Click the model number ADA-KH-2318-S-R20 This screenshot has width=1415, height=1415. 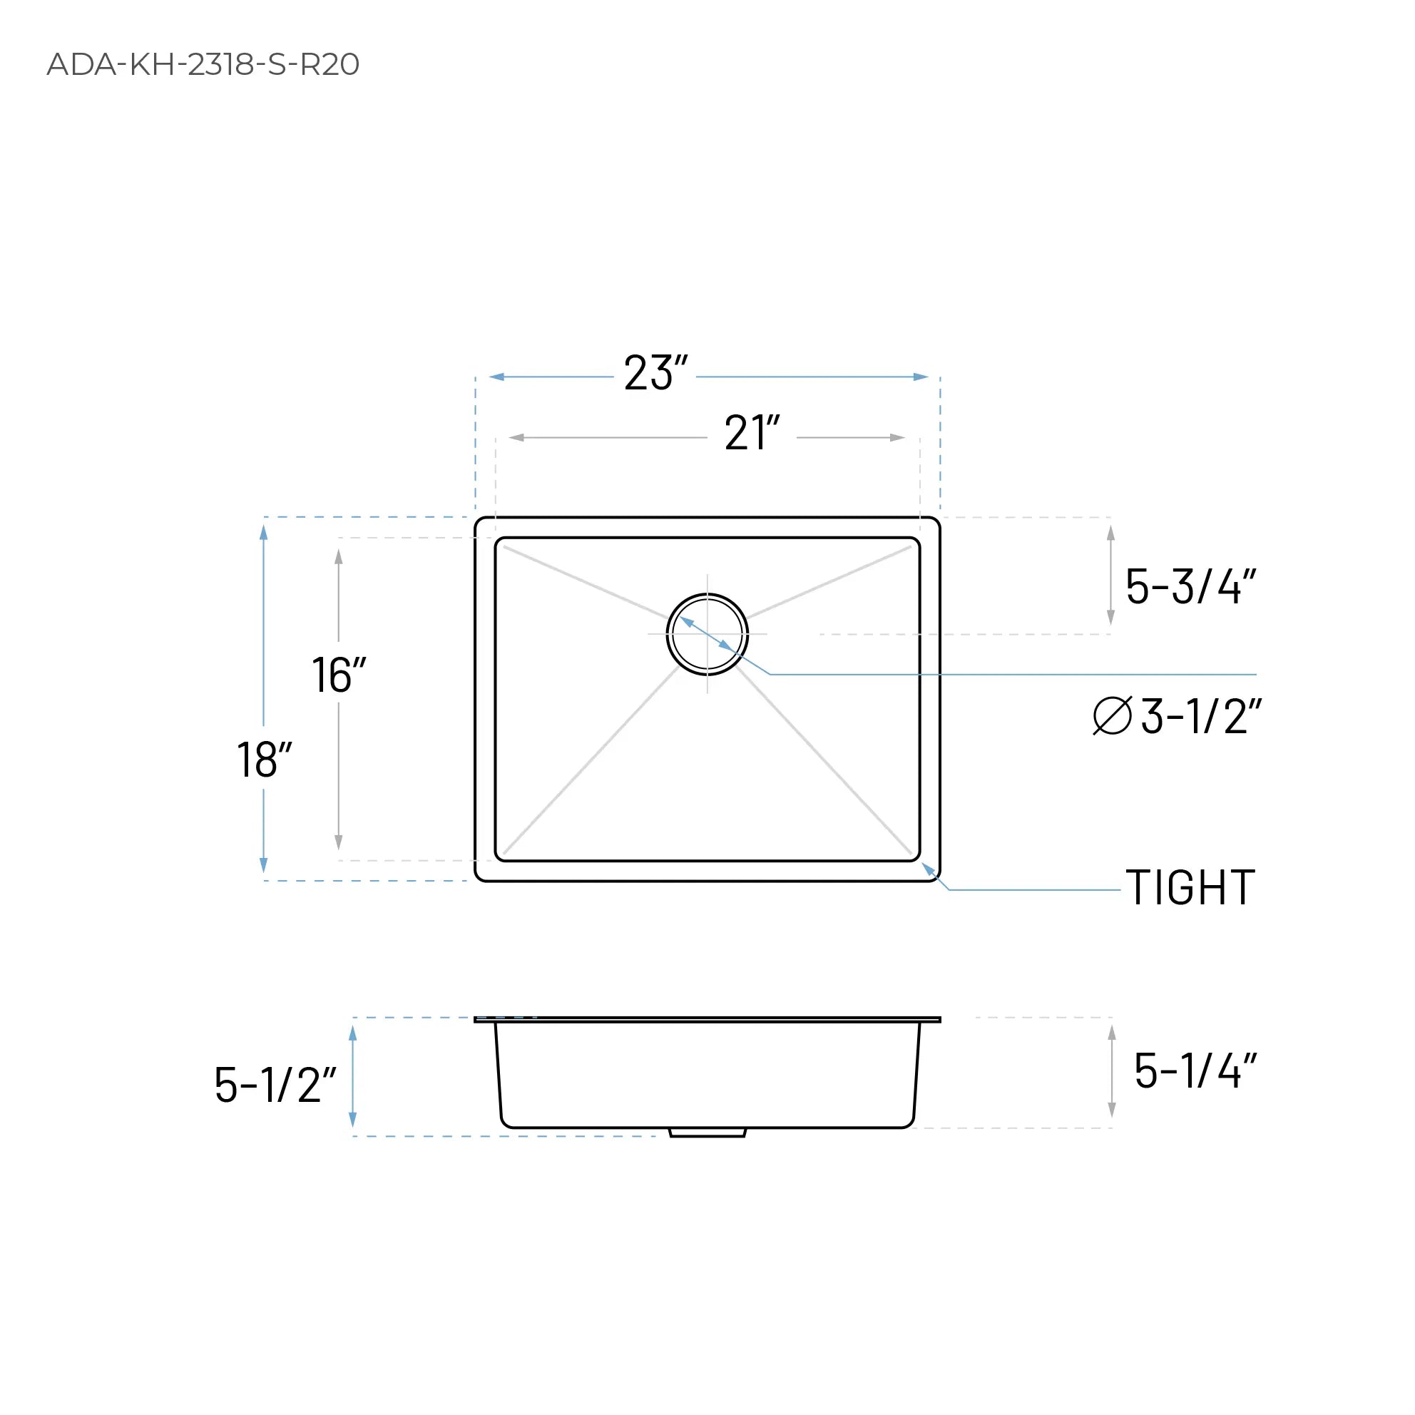click(203, 64)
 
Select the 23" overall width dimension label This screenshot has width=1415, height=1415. click(655, 374)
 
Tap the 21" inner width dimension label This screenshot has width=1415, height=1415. click(752, 434)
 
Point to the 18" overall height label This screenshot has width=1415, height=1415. click(265, 760)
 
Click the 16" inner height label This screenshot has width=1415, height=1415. click(338, 675)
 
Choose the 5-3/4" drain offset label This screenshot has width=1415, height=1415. click(1190, 587)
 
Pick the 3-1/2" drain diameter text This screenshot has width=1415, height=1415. click(1201, 716)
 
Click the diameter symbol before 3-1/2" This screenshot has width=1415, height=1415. click(1112, 715)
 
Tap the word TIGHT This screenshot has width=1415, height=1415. click(1190, 889)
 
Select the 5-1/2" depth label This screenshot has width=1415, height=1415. click(275, 1085)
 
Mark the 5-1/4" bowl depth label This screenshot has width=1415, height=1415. click(1195, 1071)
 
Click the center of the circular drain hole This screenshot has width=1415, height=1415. click(707, 634)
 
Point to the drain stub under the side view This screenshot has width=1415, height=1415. click(707, 1133)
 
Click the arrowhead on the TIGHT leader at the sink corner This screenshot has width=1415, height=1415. click(927, 868)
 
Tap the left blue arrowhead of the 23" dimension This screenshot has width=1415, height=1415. click(496, 377)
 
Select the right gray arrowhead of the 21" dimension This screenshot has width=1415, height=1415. click(897, 438)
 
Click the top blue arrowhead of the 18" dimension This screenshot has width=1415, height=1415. click(264, 533)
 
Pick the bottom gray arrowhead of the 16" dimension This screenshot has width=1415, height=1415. click(338, 842)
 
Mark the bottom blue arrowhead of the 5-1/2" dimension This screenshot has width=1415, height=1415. click(352, 1120)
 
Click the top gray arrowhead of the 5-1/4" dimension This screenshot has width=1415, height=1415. click(1112, 1033)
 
